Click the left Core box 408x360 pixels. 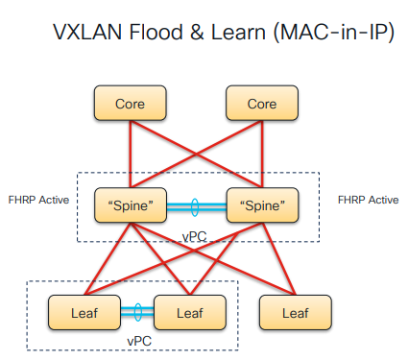[x=131, y=103]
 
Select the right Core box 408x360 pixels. [x=262, y=103]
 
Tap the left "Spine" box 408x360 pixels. [x=132, y=204]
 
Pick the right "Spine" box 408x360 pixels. [x=262, y=204]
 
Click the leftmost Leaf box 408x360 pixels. [x=84, y=311]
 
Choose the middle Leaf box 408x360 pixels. [x=189, y=311]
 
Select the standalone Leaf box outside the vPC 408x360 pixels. [x=295, y=311]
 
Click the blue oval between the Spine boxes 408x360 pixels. [x=195, y=205]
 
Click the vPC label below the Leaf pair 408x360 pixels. [x=137, y=340]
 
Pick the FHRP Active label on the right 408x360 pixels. [x=369, y=200]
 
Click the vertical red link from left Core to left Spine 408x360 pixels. [x=131, y=154]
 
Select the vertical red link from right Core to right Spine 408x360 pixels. [x=262, y=154]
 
